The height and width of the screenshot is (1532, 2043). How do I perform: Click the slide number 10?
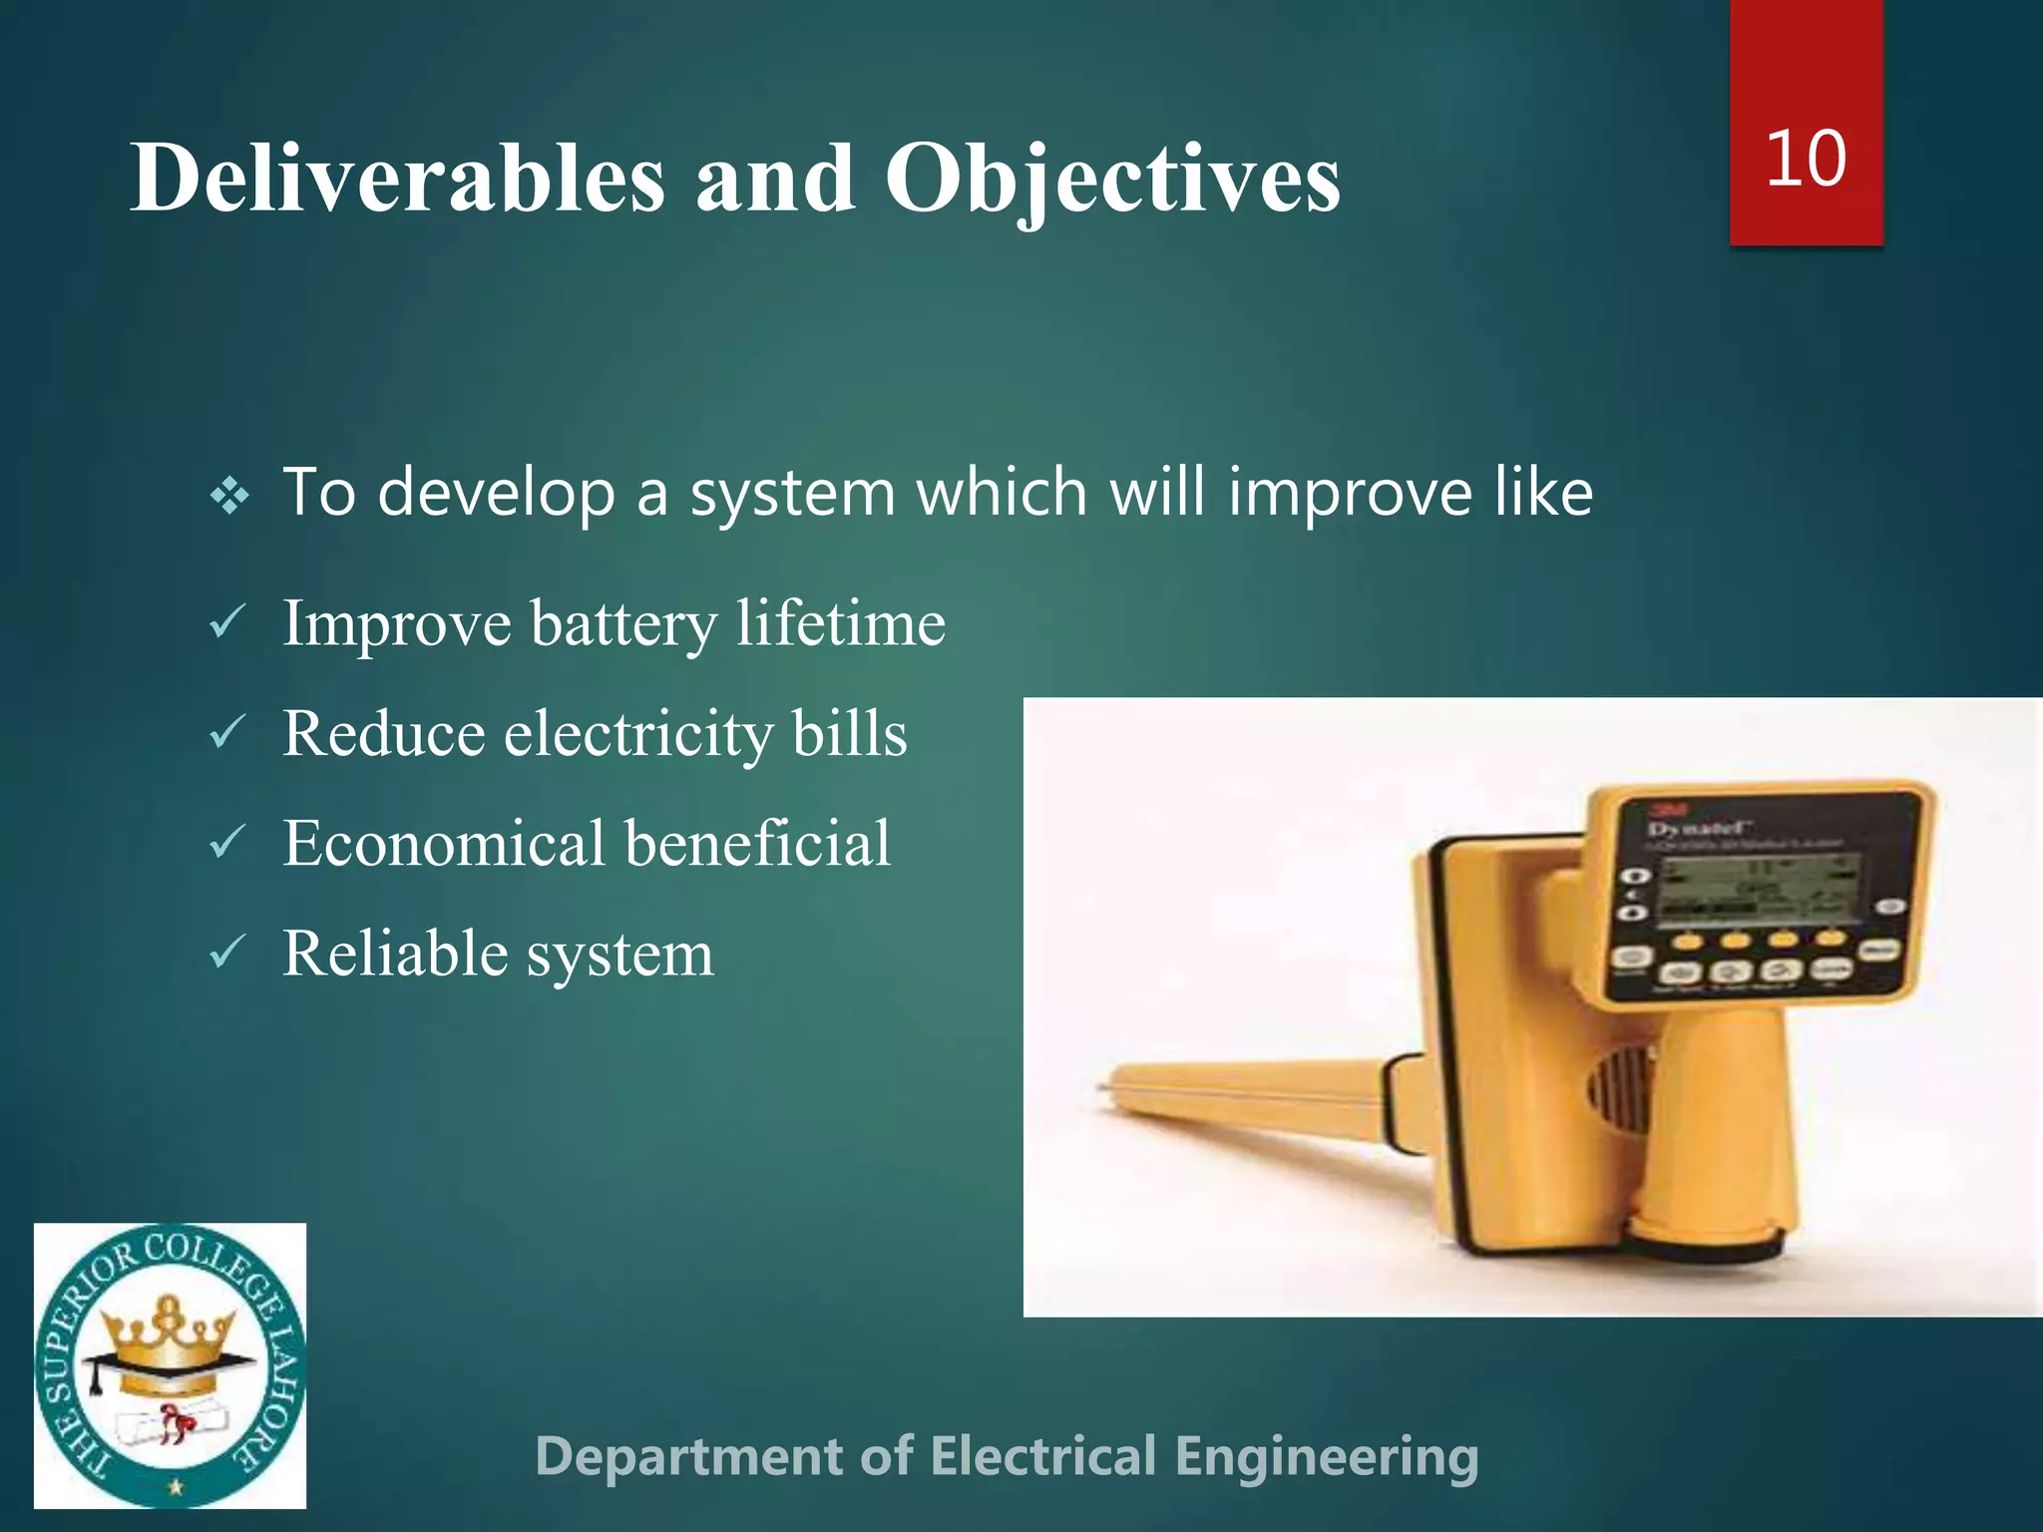(1806, 160)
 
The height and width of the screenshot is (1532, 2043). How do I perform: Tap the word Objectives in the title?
(1112, 180)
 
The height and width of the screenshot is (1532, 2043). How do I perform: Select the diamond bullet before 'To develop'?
(230, 495)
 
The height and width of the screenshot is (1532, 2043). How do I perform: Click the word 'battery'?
(623, 625)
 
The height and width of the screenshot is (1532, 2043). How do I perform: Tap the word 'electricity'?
(637, 734)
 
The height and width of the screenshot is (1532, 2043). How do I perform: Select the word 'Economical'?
(444, 844)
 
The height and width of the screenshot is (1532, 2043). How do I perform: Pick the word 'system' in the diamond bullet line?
(793, 495)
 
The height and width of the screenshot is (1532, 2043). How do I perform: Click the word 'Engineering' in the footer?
(1326, 1457)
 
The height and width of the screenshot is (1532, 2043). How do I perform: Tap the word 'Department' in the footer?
(689, 1457)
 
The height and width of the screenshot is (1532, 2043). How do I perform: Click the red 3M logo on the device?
(1662, 810)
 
